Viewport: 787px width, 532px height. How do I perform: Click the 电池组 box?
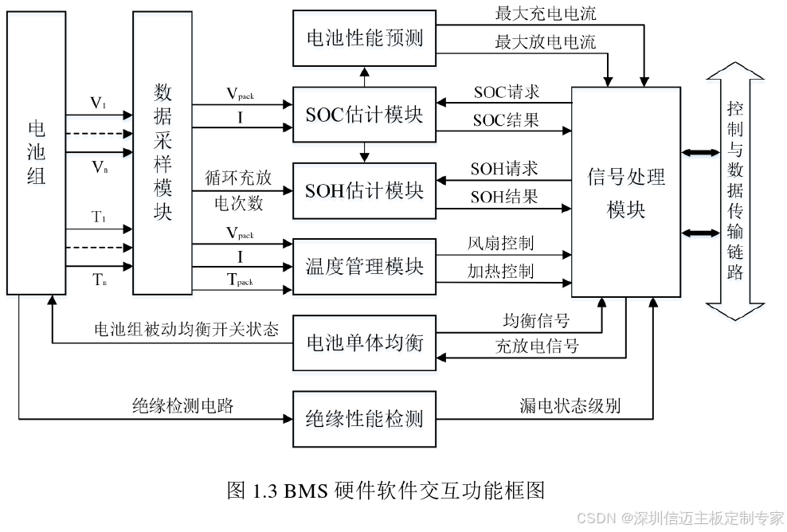pos(36,151)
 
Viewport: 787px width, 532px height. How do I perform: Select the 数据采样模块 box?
pos(162,151)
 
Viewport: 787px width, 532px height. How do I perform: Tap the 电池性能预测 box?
pos(364,38)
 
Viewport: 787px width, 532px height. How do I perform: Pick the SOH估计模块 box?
pos(364,190)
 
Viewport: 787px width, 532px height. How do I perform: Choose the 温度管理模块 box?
pos(364,266)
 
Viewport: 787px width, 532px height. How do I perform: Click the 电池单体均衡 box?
pos(364,343)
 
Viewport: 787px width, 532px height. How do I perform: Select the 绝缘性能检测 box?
pos(364,418)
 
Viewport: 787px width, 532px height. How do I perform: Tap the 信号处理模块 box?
pos(625,192)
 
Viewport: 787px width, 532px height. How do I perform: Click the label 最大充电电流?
pos(545,14)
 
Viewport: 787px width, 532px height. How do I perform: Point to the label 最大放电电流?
pos(545,41)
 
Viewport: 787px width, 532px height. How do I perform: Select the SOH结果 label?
pos(504,197)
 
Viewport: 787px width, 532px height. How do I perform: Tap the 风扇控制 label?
pos(501,243)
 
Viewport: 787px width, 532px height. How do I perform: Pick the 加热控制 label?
pos(501,271)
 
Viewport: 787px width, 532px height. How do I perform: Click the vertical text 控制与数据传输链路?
pos(734,191)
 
